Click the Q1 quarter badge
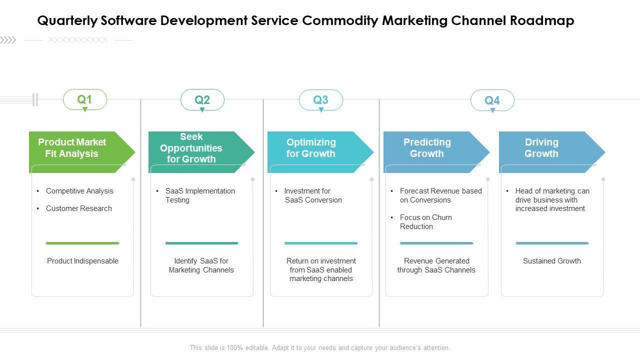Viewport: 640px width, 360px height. [85, 99]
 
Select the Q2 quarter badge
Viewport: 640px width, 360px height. [202, 99]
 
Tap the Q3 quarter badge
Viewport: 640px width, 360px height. [321, 99]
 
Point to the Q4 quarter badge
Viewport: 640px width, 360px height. [492, 100]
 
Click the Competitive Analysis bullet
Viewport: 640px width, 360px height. [79, 191]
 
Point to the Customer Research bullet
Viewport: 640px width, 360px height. [79, 208]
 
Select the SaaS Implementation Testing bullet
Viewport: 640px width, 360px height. [200, 195]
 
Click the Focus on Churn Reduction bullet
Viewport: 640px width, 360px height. [425, 222]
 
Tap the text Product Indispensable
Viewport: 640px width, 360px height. [82, 261]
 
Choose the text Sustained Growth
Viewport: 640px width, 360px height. [552, 261]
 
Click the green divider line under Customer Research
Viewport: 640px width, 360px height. [82, 243]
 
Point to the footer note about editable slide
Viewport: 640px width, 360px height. [320, 348]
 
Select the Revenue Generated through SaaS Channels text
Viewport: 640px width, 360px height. [436, 265]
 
